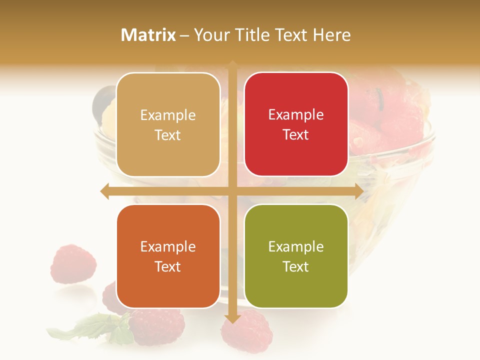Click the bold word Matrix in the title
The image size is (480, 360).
148,35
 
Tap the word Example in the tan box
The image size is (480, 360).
168,115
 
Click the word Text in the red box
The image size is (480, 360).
296,135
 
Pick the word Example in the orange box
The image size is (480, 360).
168,247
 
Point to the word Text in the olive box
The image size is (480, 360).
296,266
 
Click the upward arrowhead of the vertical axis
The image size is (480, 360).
232,64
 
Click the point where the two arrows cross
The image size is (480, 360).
232,191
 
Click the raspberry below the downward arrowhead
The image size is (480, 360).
247,334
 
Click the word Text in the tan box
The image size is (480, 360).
168,135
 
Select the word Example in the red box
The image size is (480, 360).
296,115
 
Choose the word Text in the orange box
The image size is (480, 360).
168,266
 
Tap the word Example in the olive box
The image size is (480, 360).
296,247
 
